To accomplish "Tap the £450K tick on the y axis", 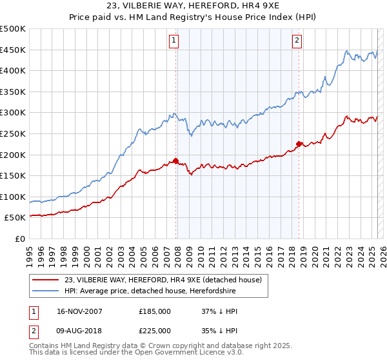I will click(x=13, y=50).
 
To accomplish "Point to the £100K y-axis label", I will click(x=13, y=197).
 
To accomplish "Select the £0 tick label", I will click(x=20, y=239).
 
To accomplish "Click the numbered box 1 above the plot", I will click(x=174, y=41).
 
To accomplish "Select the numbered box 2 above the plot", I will click(x=297, y=41).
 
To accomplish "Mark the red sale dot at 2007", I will click(x=176, y=161).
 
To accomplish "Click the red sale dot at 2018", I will click(x=299, y=144).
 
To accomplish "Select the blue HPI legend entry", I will click(x=150, y=291).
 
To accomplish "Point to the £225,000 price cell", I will click(x=155, y=331).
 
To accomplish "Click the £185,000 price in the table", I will click(x=155, y=311).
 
